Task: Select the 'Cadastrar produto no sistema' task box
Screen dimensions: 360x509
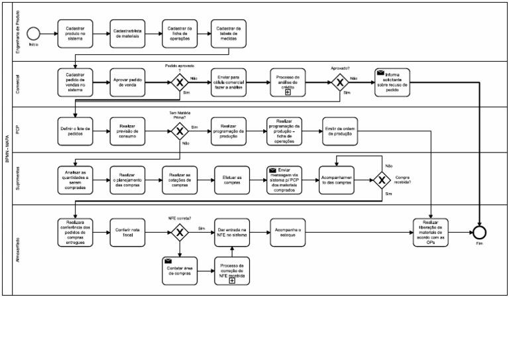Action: pos(75,33)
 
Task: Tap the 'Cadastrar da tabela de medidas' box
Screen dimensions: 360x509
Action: pos(229,33)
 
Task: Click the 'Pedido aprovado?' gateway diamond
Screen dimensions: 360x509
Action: pos(179,83)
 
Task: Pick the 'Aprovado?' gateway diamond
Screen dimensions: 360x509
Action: pos(340,83)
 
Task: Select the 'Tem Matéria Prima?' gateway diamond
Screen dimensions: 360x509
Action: pos(179,131)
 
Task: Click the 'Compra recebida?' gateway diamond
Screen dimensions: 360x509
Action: pos(382,180)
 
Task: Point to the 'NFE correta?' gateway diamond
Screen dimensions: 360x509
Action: pos(179,232)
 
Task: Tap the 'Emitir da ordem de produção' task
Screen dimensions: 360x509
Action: pos(340,131)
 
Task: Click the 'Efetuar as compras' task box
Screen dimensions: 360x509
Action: pos(232,180)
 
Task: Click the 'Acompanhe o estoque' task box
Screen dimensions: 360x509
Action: pos(287,232)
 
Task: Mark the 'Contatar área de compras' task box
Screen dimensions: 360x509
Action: pos(180,270)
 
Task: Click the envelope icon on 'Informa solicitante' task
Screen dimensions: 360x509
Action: pos(380,73)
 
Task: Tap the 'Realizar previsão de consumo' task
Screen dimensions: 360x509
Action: pos(127,131)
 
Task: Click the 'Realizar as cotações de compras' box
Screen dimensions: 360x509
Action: pos(180,180)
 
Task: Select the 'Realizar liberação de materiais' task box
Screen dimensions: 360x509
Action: pos(431,232)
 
